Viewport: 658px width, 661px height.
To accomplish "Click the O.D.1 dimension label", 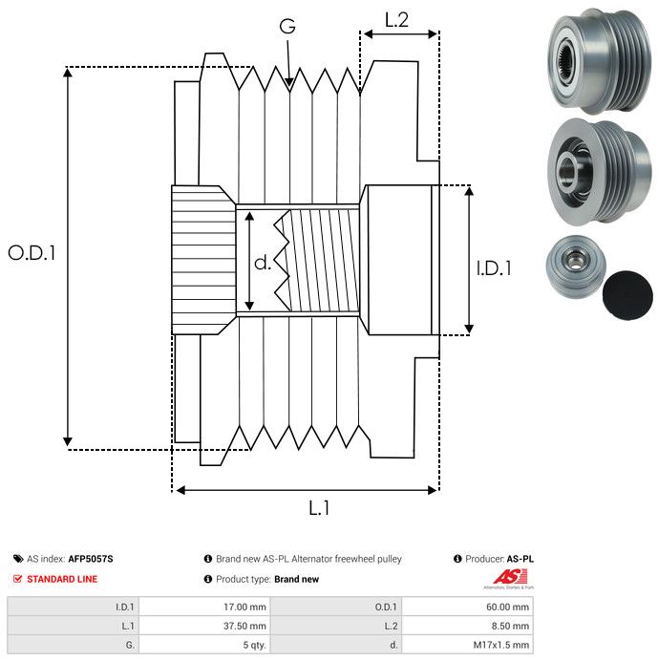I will (x=32, y=253).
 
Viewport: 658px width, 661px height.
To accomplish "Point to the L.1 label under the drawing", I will (x=319, y=508).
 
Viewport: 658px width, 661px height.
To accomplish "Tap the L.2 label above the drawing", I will (x=396, y=19).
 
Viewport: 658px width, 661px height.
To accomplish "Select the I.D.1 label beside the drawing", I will (x=494, y=269).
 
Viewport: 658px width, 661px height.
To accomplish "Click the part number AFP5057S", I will (x=96, y=559).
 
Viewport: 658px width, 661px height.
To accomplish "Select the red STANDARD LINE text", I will (x=62, y=579).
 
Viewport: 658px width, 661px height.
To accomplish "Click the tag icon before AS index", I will (x=18, y=559).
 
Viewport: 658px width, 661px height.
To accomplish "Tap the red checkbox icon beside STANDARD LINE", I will (x=18, y=579).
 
